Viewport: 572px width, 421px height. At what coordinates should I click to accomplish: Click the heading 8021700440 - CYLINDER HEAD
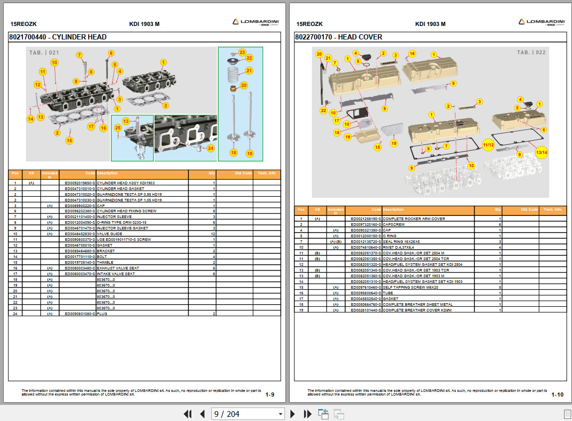tap(58, 37)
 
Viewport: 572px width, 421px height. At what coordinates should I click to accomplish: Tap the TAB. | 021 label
tap(44, 53)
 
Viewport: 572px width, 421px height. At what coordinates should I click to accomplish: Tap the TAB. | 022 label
tap(531, 52)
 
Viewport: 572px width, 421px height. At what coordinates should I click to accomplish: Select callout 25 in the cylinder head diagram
tap(118, 128)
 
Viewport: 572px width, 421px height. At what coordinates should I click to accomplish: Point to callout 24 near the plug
tap(210, 148)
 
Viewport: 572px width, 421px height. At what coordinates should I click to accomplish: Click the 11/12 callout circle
tap(488, 145)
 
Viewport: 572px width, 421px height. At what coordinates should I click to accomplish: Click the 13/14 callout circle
tap(541, 152)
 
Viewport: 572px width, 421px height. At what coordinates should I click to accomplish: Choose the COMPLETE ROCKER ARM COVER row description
tap(414, 219)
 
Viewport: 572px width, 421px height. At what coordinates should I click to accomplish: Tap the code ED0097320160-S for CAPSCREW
tap(366, 224)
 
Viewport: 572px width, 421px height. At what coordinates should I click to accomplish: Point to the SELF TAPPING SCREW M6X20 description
tap(411, 287)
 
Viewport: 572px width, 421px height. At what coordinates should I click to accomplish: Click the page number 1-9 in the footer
tap(270, 395)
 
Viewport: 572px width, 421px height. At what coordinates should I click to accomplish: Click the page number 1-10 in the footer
tap(557, 395)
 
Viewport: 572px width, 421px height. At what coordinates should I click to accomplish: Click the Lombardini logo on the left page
tap(256, 22)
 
